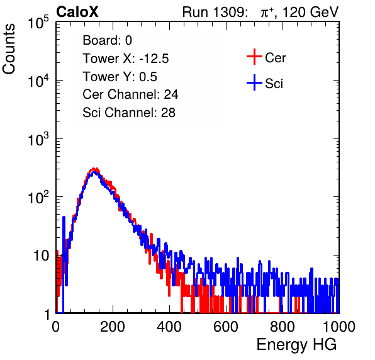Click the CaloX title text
pyautogui.click(x=77, y=12)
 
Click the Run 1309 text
pyautogui.click(x=215, y=12)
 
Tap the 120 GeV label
pyautogui.click(x=311, y=12)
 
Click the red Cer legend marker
pyautogui.click(x=254, y=57)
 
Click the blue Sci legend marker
pyautogui.click(x=254, y=82)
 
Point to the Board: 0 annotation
pyautogui.click(x=107, y=40)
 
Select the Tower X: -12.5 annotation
pyautogui.click(x=126, y=59)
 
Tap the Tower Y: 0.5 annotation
pyautogui.click(x=120, y=77)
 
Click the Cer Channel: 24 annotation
pyautogui.click(x=130, y=94)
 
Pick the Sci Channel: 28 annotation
pyautogui.click(x=129, y=113)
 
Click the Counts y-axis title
pyautogui.click(x=9, y=49)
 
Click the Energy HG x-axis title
pyautogui.click(x=296, y=345)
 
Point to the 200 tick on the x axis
pyautogui.click(x=113, y=327)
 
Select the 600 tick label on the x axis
pyautogui.click(x=226, y=327)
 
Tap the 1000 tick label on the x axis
pyautogui.click(x=339, y=327)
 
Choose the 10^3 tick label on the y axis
pyautogui.click(x=38, y=139)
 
